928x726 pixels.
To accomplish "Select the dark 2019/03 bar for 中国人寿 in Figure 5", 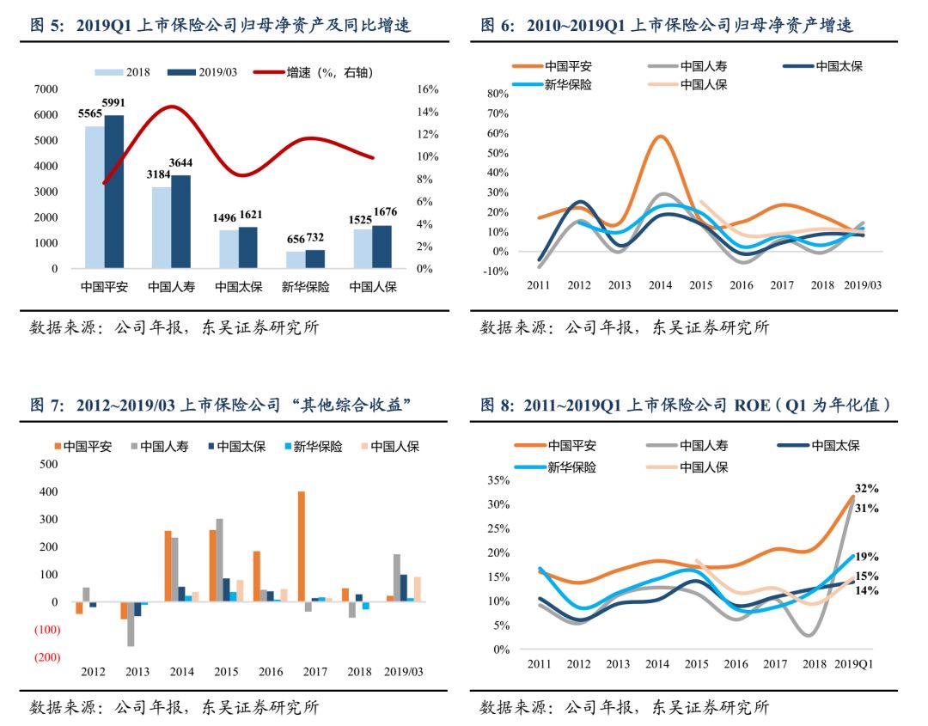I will point(180,222).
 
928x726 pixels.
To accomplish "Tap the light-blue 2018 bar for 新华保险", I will point(295,259).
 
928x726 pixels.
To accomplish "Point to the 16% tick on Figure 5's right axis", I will point(428,89).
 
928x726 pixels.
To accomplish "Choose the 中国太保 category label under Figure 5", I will point(238,286).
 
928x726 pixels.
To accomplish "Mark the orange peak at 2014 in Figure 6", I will point(660,137).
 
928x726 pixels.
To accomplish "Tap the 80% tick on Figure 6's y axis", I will point(498,94).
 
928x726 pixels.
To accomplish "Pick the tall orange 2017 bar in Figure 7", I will point(302,546).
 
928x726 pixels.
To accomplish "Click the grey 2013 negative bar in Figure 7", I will point(131,624).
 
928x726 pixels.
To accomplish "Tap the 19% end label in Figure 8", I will point(866,557).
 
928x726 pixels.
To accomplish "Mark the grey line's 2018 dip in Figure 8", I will point(812,635).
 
